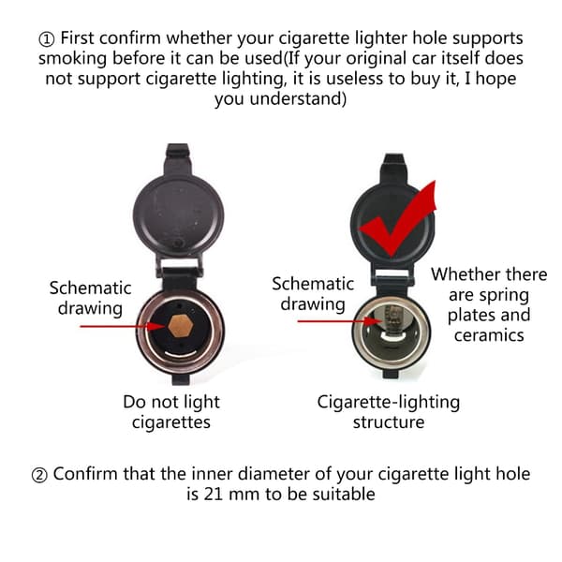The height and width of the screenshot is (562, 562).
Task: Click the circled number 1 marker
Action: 47,39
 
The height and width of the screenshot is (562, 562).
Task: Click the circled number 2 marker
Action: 39,475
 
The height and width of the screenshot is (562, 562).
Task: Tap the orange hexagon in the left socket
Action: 181,326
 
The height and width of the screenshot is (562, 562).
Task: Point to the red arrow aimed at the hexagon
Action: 124,326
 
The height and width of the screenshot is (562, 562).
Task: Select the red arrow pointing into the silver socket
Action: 341,321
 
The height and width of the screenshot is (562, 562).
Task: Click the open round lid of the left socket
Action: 179,216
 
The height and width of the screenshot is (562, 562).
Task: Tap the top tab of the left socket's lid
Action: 177,158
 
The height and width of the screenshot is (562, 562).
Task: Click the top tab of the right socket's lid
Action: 393,168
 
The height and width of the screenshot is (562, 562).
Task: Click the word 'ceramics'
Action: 489,335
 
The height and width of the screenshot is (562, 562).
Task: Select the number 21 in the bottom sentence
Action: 214,495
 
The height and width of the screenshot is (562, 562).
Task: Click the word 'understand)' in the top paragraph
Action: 298,98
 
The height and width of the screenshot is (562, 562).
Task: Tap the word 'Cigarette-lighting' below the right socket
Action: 388,403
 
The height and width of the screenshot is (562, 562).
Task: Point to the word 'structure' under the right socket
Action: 389,422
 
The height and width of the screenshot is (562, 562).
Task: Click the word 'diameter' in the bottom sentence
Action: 274,473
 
